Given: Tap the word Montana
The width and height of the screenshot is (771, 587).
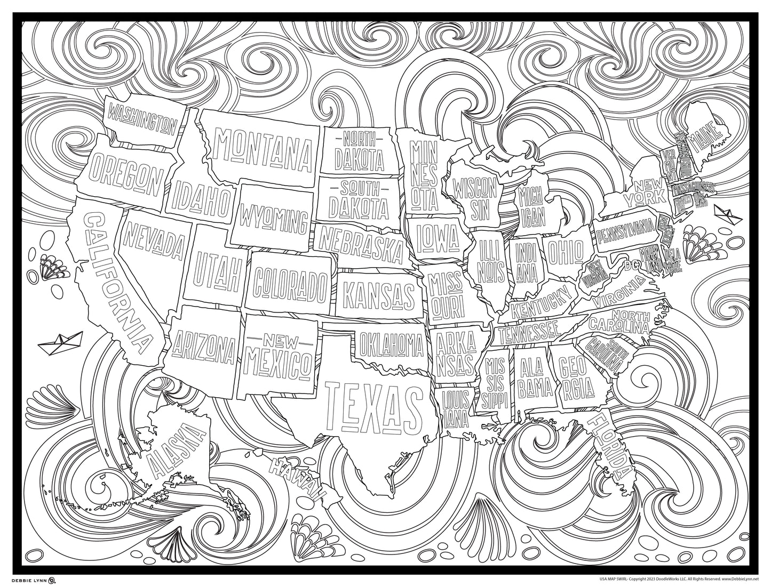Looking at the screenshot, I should tap(264, 139).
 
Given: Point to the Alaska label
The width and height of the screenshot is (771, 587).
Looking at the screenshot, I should tap(177, 449).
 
